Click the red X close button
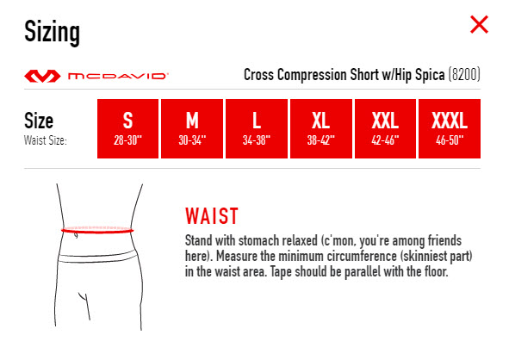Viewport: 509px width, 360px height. (x=479, y=24)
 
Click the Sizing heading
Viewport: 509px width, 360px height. (x=52, y=32)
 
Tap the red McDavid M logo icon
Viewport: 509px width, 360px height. (x=42, y=76)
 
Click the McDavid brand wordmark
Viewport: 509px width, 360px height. (x=118, y=76)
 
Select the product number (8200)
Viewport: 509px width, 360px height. (x=464, y=75)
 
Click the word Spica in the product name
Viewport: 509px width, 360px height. (x=430, y=75)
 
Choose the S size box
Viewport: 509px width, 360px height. (x=128, y=128)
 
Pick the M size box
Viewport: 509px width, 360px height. (x=192, y=128)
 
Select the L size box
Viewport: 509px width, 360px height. (x=257, y=128)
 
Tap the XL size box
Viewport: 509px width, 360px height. (x=321, y=128)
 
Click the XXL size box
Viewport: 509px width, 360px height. (x=385, y=128)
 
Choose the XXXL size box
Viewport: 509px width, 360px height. (x=450, y=128)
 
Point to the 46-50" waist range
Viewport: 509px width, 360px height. (x=450, y=140)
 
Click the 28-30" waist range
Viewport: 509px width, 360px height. (x=128, y=140)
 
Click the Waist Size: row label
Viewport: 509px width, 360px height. (x=46, y=140)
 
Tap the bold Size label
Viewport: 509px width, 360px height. (x=39, y=121)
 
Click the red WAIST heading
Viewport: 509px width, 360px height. (x=212, y=216)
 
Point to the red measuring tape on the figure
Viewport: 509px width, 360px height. (x=97, y=231)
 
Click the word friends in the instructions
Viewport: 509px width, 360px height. (x=444, y=241)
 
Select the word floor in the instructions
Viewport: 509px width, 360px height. (x=437, y=271)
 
